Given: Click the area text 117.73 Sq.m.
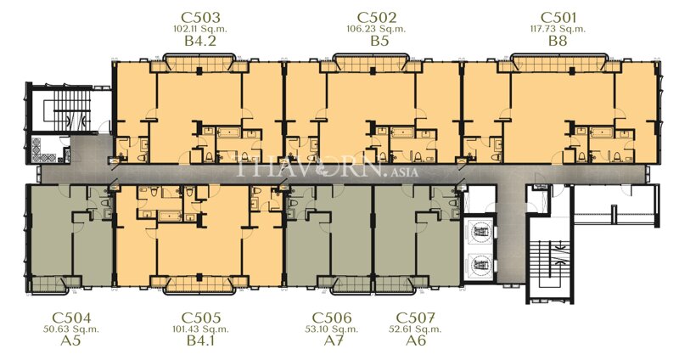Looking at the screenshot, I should coord(558,29).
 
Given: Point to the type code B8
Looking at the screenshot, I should coord(558,41).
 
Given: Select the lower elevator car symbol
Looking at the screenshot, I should coord(481,263).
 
